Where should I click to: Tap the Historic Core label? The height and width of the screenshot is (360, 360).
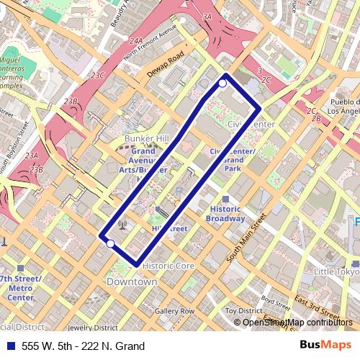pyautogui.click(x=168, y=266)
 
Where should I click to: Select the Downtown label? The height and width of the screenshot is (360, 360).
pyautogui.click(x=132, y=282)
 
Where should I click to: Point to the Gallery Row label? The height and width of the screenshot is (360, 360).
pyautogui.click(x=174, y=311)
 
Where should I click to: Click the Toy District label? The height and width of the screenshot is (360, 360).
pyautogui.click(x=243, y=311)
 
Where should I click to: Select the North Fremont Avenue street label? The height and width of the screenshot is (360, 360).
pyautogui.click(x=150, y=43)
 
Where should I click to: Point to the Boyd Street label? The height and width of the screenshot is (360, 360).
pyautogui.click(x=276, y=300)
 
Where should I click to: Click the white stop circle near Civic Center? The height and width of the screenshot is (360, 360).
pyautogui.click(x=222, y=84)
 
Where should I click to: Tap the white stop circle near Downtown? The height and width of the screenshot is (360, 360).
pyautogui.click(x=109, y=244)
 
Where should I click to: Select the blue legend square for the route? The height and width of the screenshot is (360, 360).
pyautogui.click(x=9, y=346)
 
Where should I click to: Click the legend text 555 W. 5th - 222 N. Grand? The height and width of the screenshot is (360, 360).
pyautogui.click(x=83, y=346)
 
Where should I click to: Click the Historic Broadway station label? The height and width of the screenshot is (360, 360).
pyautogui.click(x=225, y=214)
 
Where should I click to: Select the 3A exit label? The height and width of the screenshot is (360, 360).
pyautogui.click(x=207, y=16)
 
